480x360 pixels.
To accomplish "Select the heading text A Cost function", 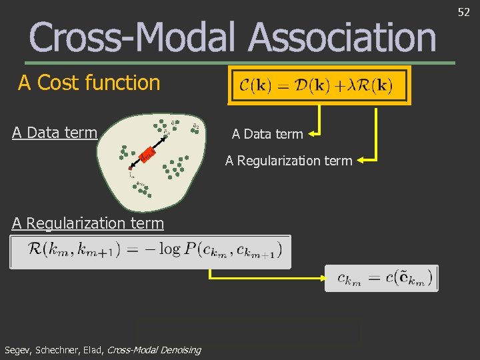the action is pos(89,83).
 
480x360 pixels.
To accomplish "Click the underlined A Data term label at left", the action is pos(55,133).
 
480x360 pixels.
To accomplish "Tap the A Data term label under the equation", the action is pos(267,135).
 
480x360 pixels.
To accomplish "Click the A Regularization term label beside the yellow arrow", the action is pos(288,160).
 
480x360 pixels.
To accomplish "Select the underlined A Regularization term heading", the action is pos(87,223).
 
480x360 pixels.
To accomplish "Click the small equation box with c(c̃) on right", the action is pos(381,278).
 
